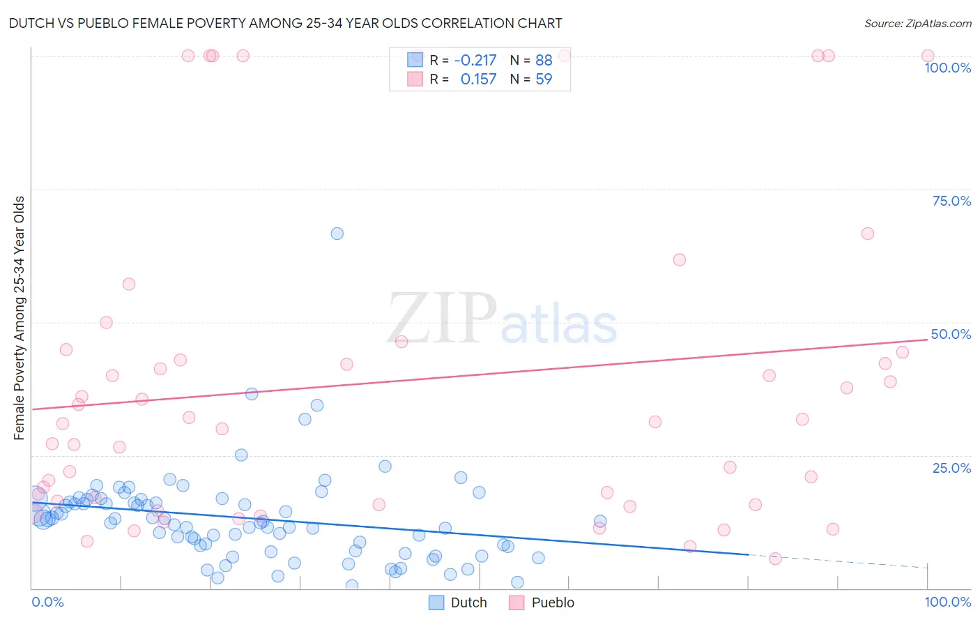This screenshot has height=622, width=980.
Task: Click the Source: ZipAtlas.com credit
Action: coord(917,23)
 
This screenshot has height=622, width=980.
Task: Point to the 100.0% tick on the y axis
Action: coord(947,68)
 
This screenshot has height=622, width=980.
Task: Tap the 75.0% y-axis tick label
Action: coord(951,201)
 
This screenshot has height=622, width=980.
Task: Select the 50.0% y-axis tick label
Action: coord(951,334)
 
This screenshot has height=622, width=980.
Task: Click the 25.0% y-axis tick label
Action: coord(951,468)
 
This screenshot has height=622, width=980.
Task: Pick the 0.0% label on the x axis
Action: coord(47,602)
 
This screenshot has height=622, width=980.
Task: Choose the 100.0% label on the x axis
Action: coord(947,602)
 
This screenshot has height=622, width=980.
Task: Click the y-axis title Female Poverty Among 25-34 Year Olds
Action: coord(20,318)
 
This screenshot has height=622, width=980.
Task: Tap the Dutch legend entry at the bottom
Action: coord(457,602)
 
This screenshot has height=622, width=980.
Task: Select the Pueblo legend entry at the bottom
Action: coord(542,602)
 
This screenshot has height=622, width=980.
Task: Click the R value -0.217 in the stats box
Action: coord(475,60)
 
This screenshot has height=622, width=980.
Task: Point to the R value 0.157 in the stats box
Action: coord(478,79)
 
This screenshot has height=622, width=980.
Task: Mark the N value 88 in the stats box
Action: coord(544,60)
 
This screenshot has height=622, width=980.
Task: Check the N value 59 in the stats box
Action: coord(544,79)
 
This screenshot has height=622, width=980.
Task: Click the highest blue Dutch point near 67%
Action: coord(337,234)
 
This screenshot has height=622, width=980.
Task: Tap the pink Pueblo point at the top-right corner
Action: coord(927,56)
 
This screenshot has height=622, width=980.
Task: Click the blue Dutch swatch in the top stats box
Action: coord(415,60)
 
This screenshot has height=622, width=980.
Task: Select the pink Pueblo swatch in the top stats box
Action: coord(415,79)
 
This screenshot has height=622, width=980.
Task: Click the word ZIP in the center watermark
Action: coord(442,319)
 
